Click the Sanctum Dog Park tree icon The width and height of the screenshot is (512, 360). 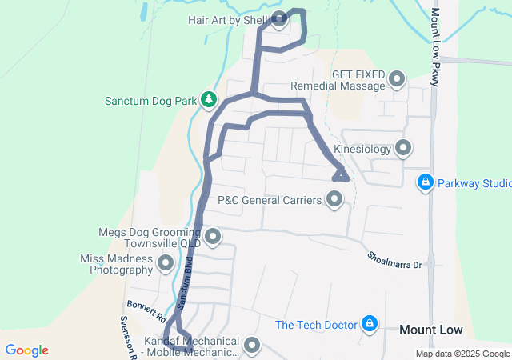[209, 100]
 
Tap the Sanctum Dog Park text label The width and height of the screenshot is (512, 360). [150, 101]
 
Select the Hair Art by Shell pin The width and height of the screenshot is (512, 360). [279, 19]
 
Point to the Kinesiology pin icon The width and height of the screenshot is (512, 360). [403, 148]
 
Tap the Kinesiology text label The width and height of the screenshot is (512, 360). [362, 149]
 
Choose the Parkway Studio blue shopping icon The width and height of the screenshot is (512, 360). [426, 183]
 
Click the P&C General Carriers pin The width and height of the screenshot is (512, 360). [334, 200]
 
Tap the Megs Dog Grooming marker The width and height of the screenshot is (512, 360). [213, 237]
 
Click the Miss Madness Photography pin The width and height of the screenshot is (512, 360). [166, 262]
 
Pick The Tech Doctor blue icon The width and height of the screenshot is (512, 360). [370, 324]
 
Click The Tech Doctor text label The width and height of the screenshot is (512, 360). [316, 325]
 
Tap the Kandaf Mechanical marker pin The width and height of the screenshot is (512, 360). [253, 346]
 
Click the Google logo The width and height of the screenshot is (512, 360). [26, 350]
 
